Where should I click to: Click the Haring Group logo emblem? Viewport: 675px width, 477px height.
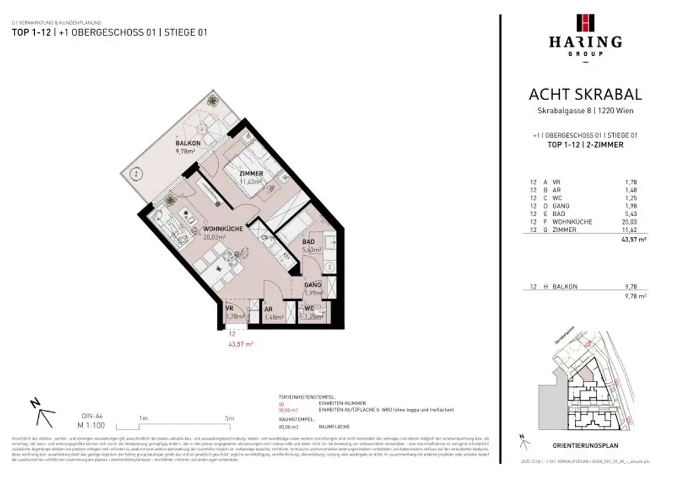pos(585,22)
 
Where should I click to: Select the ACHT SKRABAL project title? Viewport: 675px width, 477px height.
pos(585,95)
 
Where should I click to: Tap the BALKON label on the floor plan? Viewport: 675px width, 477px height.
pos(187,143)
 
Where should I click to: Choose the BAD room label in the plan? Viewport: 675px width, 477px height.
pos(308,242)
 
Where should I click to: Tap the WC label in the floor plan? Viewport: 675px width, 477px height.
pos(309,308)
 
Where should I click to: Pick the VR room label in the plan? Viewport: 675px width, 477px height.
pos(230,308)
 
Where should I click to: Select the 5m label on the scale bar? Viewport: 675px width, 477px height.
pos(229,418)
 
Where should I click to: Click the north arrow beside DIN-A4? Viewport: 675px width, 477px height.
pos(41,414)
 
